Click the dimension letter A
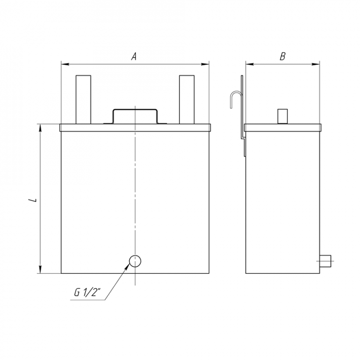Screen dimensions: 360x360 coord(134,56)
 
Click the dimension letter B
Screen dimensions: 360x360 coord(283,56)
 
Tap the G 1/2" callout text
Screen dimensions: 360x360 coord(88,292)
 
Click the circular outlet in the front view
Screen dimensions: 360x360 coord(135,261)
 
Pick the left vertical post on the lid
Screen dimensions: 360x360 coord(83,100)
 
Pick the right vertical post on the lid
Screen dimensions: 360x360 coord(187,100)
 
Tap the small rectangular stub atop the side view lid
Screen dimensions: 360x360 coord(282,116)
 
